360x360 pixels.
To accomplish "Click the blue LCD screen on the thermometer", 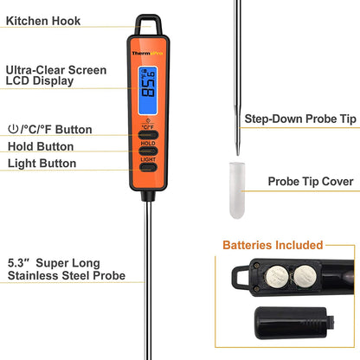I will pyautogui.click(x=148, y=86).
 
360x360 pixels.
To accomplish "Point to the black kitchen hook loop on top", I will pyautogui.click(x=148, y=23).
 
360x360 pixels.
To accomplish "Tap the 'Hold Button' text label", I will pyautogui.click(x=41, y=146).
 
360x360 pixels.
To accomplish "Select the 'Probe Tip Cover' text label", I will pyautogui.click(x=310, y=182).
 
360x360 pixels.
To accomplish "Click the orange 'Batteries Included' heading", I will pyautogui.click(x=273, y=246).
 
